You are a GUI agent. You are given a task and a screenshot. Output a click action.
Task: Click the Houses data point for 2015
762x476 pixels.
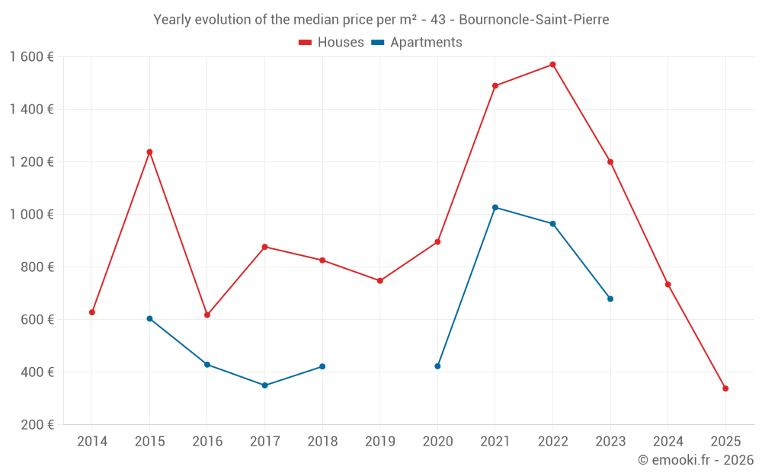149,152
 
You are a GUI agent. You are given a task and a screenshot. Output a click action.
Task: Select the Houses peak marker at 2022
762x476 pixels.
552,65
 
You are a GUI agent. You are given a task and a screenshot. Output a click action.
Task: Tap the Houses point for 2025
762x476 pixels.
725,388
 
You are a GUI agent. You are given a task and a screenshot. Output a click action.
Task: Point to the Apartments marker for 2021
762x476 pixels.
495,207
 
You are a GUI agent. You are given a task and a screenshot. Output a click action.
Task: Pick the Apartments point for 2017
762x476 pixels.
264,385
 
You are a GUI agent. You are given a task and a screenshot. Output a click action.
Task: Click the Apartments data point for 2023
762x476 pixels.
610,299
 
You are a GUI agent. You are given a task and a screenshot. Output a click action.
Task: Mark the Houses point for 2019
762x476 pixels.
380,280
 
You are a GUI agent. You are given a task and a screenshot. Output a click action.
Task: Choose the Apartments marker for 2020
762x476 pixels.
437,366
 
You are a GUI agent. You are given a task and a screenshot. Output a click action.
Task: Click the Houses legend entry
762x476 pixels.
331,43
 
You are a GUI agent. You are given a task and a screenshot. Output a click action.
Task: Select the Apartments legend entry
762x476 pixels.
417,43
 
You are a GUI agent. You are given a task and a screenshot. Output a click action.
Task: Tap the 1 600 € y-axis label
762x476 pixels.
31,56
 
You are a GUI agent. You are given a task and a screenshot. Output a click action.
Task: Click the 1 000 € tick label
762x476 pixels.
31,214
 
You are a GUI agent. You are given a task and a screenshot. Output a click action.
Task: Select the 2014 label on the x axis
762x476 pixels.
92,441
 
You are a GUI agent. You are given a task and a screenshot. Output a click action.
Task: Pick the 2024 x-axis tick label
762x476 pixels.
668,441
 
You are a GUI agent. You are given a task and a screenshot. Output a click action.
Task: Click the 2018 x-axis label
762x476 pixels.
322,441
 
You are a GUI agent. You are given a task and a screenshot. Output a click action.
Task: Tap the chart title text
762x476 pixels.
381,20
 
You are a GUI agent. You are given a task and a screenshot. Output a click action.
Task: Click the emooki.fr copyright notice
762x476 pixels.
695,460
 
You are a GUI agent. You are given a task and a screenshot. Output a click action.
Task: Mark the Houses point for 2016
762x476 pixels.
207,315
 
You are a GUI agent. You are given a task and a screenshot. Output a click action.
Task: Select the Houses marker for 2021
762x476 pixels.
495,86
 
